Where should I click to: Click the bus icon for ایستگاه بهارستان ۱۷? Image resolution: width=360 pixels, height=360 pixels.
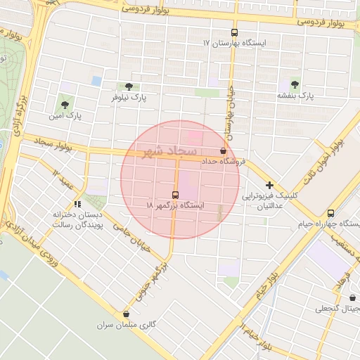234,32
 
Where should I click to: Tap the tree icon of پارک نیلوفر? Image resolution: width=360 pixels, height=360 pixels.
127,86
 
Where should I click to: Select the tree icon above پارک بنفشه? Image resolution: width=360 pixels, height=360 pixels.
294,83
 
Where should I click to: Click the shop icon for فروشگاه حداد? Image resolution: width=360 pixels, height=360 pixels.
224,150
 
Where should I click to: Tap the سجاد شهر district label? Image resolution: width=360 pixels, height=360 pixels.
172,151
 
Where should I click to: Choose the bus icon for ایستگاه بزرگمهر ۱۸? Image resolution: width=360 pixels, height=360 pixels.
174,194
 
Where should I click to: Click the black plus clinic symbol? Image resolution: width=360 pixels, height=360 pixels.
269,184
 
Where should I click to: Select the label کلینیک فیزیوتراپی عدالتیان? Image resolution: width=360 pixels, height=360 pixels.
271,200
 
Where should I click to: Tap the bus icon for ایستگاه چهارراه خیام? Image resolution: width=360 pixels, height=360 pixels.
330,213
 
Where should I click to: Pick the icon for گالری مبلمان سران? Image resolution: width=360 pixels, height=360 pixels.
126,314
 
